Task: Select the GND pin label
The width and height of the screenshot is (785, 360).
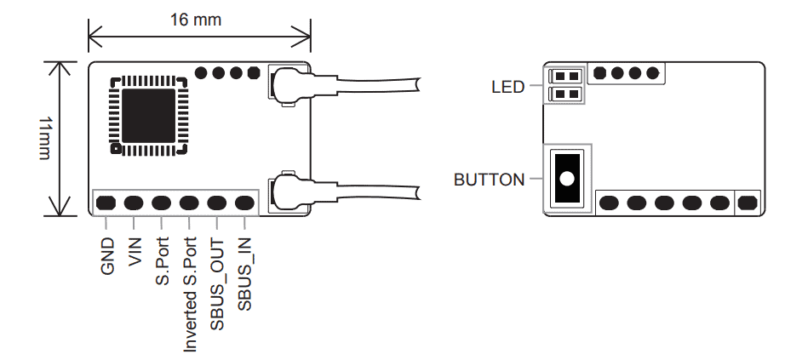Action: [107, 256]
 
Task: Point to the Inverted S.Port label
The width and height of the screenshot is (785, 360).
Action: [190, 294]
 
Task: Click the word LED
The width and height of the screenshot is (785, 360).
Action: [508, 86]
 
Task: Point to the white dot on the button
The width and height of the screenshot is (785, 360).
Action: [566, 180]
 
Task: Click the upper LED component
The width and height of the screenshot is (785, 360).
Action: [567, 76]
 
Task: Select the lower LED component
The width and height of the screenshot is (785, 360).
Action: [567, 93]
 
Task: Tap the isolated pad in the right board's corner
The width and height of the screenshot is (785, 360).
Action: [748, 203]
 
